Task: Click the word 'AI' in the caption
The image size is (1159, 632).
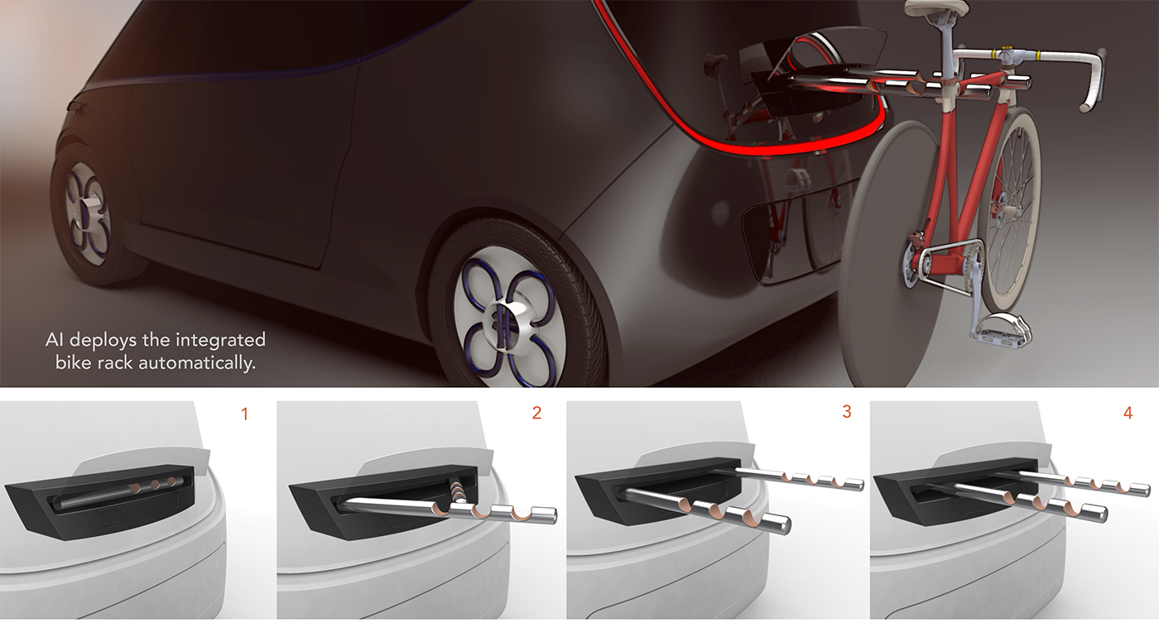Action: click(x=55, y=340)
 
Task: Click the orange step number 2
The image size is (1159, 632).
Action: click(x=536, y=413)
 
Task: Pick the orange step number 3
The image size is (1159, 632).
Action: click(x=846, y=412)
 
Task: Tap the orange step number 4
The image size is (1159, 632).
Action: click(x=1128, y=412)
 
